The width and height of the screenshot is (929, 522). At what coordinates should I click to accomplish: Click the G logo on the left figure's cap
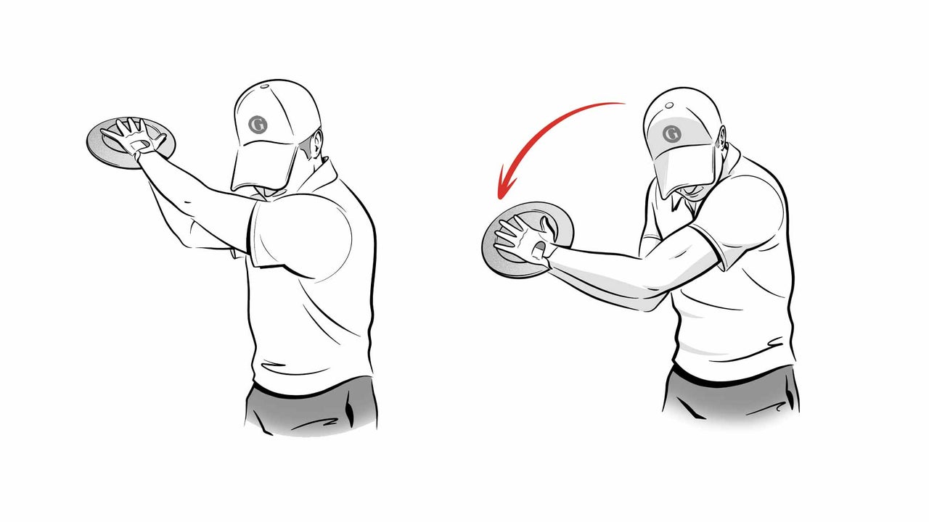(258, 125)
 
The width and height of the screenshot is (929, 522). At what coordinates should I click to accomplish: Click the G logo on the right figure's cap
(671, 133)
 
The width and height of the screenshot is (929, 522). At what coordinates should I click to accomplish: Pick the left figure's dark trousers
(312, 410)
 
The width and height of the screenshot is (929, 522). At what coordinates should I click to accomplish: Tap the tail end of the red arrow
(624, 104)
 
